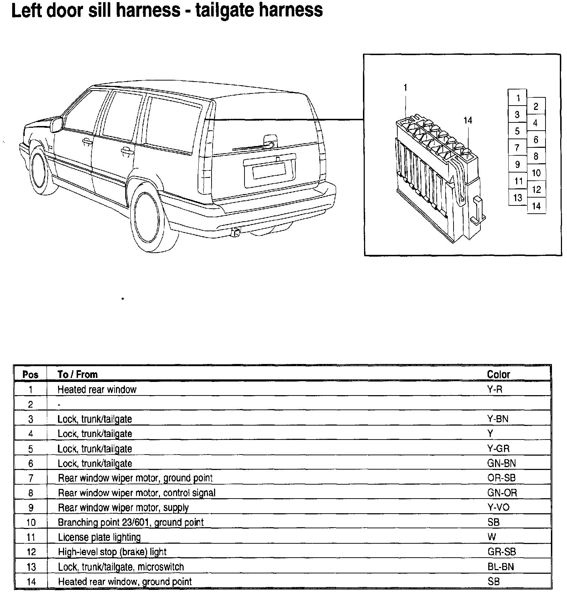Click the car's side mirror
pos(57,124)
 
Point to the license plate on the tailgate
pos(269,171)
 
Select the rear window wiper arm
pos(251,147)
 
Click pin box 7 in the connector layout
pos(517,148)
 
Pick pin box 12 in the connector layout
pos(536,189)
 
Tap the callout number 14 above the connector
pos(468,121)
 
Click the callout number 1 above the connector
pos(406,88)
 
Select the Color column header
pos(498,375)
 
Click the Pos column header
pos(30,375)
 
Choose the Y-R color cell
pos(495,389)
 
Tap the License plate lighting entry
pos(99,537)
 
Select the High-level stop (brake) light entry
pos(112,552)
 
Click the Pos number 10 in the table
pos(31,523)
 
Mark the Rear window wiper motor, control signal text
pos(137,493)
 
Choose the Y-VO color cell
pos(498,508)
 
